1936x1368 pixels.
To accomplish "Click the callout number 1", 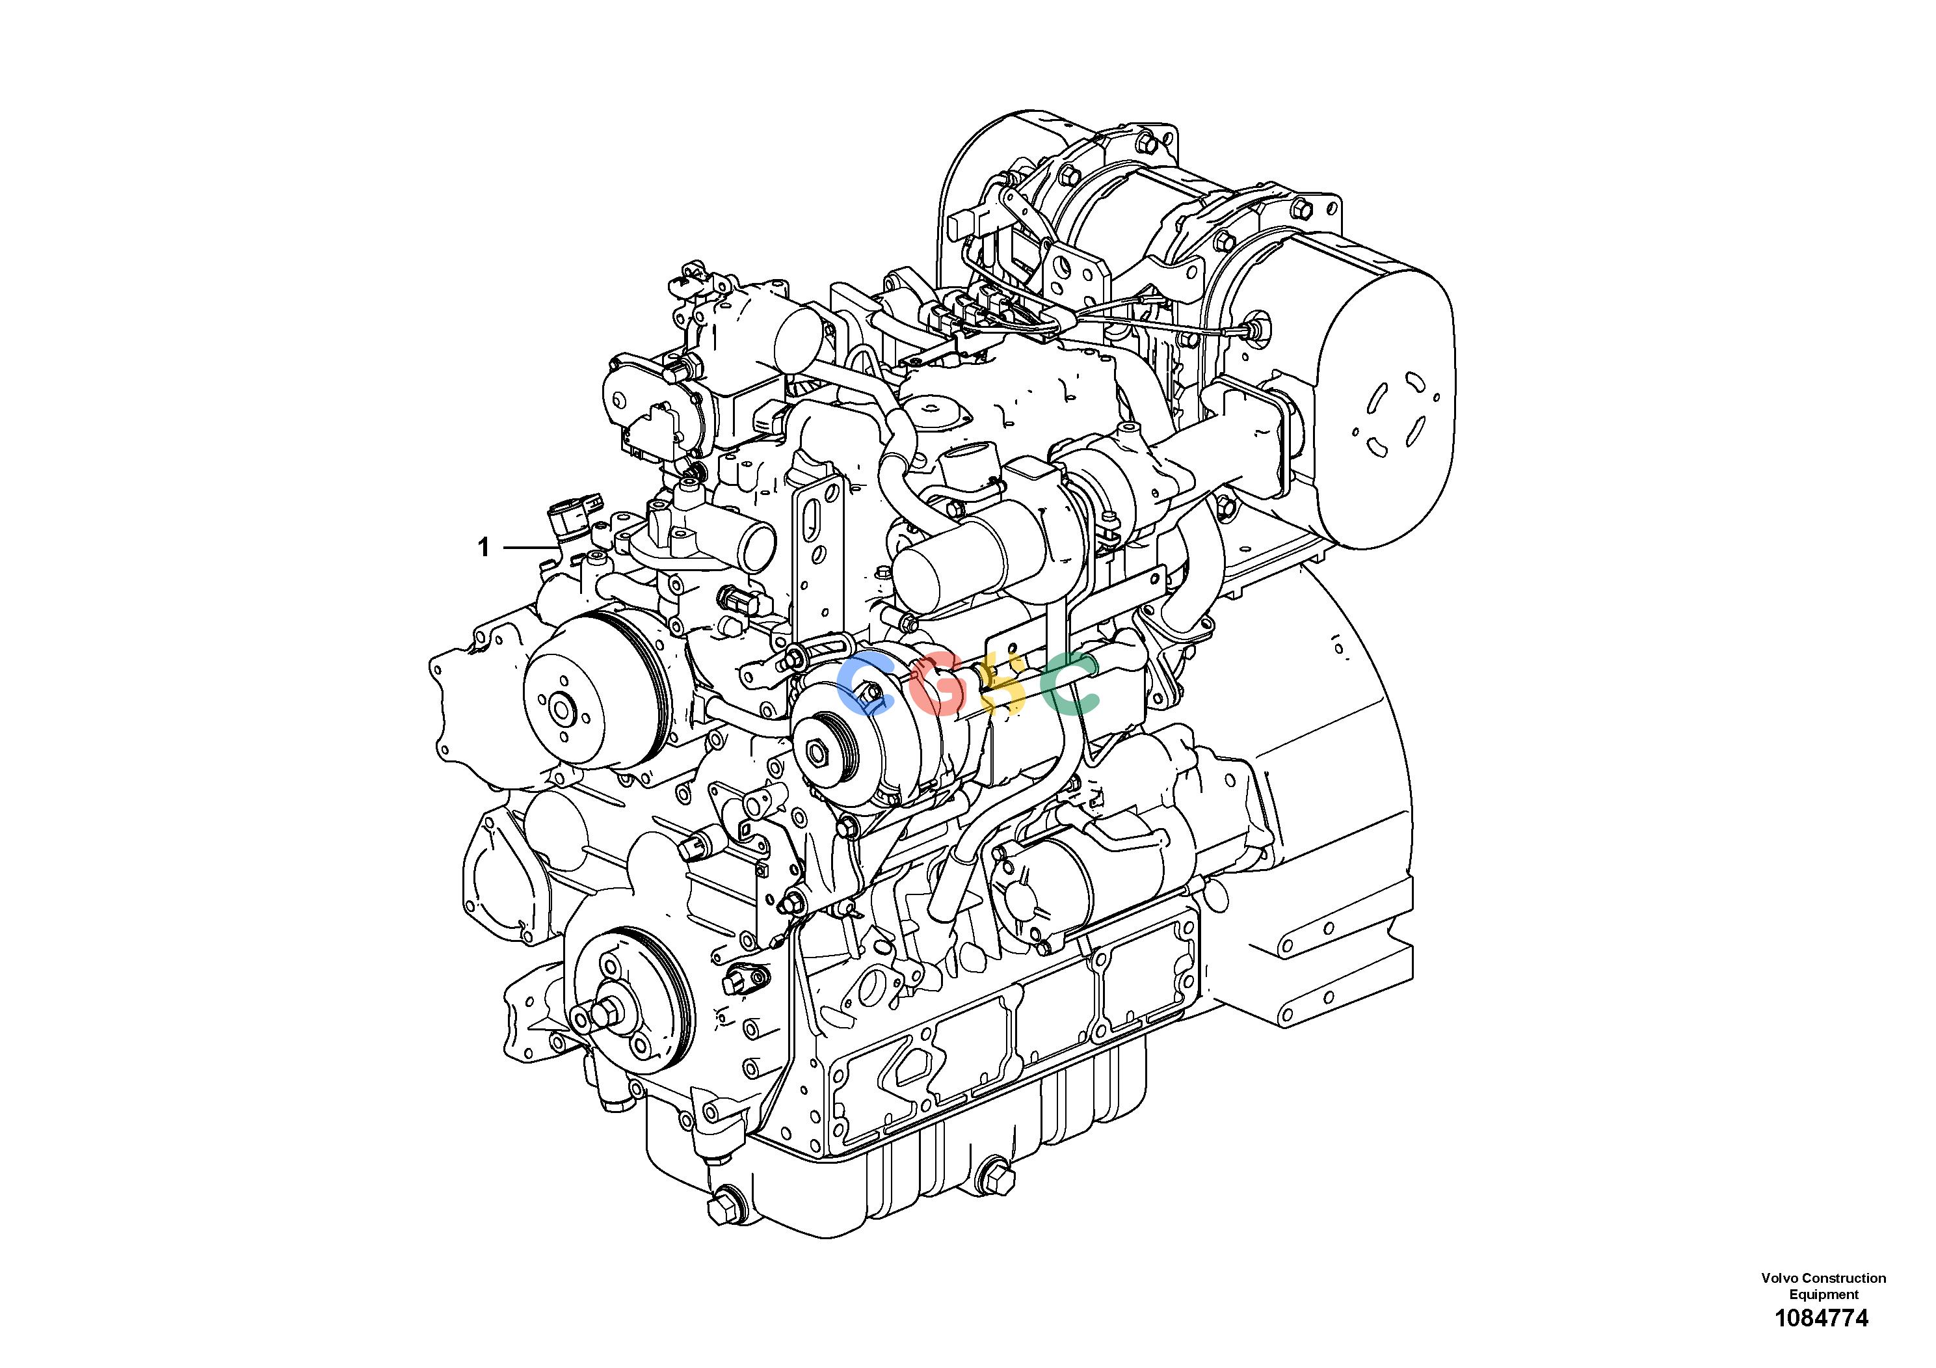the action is (483, 548).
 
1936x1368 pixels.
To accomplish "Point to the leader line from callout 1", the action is (531, 548).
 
